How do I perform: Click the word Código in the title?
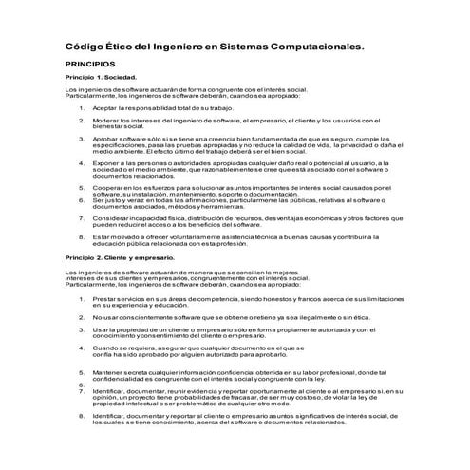click(83, 45)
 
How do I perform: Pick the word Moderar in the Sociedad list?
click(105, 121)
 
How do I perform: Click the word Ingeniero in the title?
click(190, 45)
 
